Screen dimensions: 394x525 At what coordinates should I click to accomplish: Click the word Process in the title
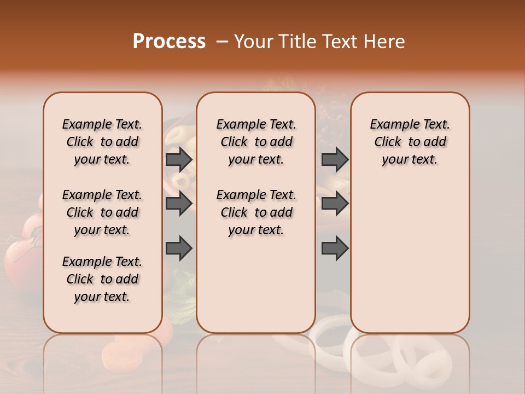pos(169,42)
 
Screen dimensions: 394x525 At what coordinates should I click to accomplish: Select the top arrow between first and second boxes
pos(179,159)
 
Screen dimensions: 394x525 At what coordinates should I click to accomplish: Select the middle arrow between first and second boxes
pos(179,204)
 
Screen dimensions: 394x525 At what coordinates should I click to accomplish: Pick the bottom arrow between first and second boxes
pos(179,248)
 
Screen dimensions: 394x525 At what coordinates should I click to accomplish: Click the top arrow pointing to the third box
pos(335,159)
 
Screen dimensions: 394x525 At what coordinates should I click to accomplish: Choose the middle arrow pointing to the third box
pos(335,204)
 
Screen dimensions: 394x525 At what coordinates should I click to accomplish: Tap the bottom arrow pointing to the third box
pos(335,248)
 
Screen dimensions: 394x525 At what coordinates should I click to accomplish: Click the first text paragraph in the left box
pos(102,142)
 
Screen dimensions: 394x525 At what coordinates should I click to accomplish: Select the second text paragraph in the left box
pos(102,212)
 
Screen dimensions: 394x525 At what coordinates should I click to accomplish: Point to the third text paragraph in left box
pos(102,279)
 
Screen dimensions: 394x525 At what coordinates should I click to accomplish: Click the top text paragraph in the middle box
pos(256,142)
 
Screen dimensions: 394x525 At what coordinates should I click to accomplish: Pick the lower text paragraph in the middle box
pos(256,212)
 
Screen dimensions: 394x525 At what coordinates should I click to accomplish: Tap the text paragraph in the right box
pos(410,142)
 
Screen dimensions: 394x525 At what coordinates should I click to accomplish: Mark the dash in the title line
pos(221,42)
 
